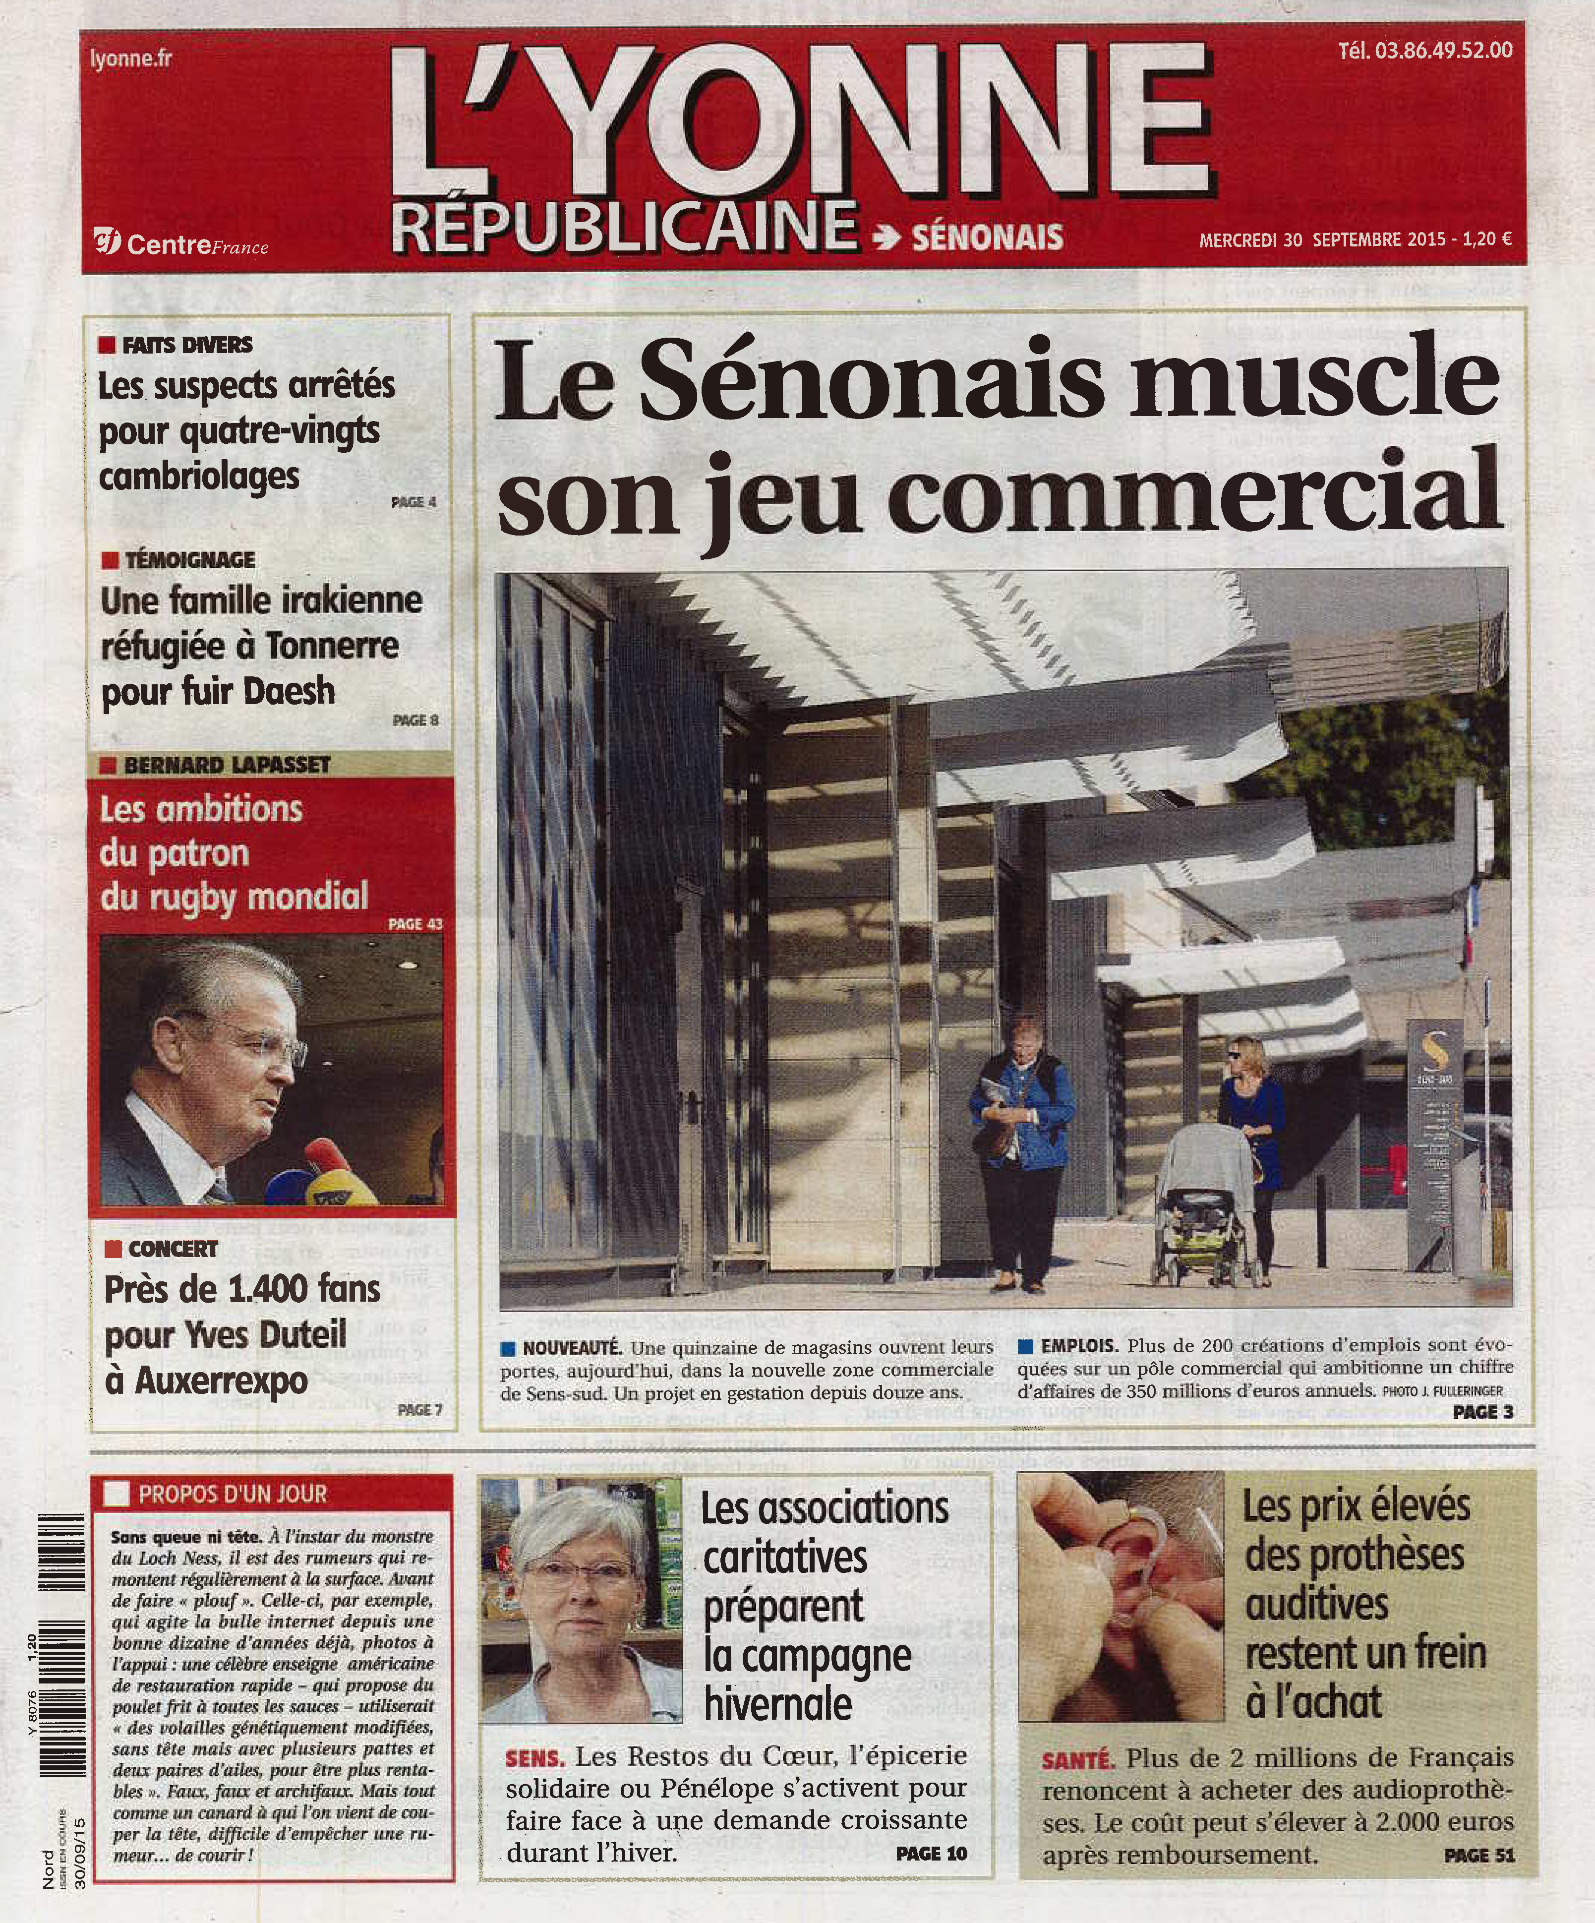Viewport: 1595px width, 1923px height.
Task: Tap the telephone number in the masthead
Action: (x=1425, y=51)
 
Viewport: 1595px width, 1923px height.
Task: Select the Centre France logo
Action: (x=180, y=244)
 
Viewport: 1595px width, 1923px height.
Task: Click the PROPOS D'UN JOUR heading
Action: (x=233, y=1495)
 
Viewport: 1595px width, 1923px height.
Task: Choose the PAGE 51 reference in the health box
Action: (x=1478, y=1855)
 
